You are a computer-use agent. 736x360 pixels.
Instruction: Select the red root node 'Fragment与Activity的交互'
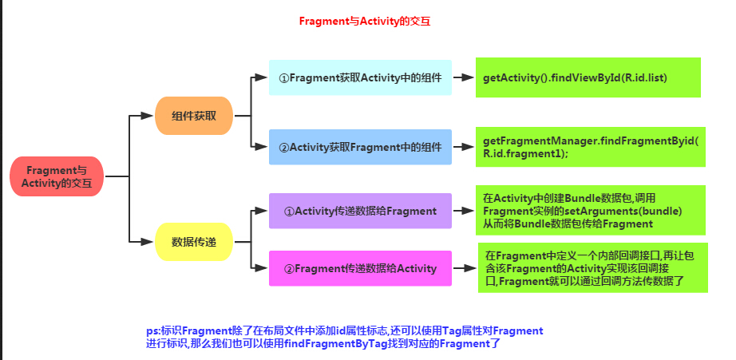pyautogui.click(x=57, y=176)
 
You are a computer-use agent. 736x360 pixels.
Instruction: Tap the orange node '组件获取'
pyautogui.click(x=193, y=117)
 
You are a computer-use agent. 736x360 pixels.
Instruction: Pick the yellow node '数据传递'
pyautogui.click(x=193, y=240)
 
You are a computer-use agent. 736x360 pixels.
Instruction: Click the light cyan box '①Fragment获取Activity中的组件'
pyautogui.click(x=360, y=77)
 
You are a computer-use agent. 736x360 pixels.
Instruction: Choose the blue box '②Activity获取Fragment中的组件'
pyautogui.click(x=360, y=147)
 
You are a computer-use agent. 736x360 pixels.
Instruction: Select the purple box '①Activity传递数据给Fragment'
pyautogui.click(x=360, y=212)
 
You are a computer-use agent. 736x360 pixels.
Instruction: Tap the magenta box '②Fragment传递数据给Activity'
pyautogui.click(x=360, y=268)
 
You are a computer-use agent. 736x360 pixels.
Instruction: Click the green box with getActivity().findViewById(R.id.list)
pyautogui.click(x=588, y=77)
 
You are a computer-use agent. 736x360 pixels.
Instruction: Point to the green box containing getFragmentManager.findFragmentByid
pyautogui.click(x=591, y=147)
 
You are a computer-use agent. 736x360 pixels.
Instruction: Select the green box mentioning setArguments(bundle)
pyautogui.click(x=591, y=212)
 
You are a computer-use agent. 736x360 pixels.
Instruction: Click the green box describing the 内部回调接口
pyautogui.click(x=592, y=268)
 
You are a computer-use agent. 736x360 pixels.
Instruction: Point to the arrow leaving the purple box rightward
pyautogui.click(x=464, y=212)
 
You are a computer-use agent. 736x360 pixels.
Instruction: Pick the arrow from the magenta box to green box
pyautogui.click(x=464, y=268)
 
